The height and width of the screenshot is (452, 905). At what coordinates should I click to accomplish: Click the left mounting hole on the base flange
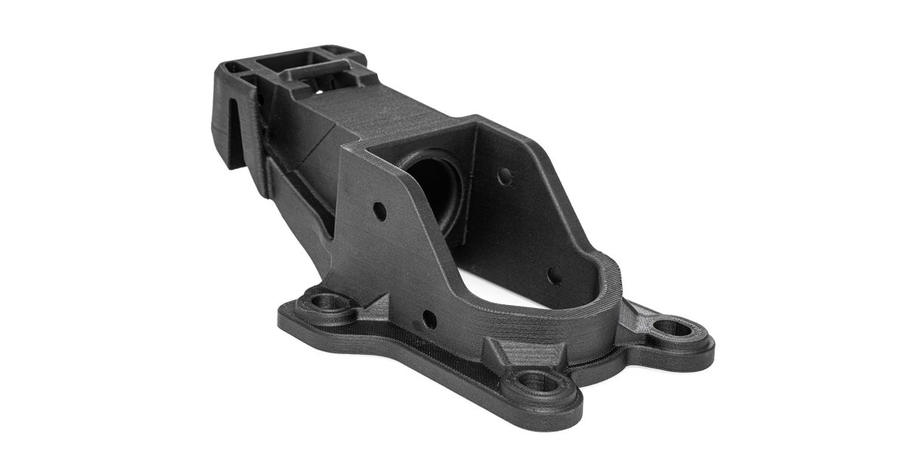coord(326,304)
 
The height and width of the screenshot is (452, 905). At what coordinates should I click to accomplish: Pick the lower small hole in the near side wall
coord(429,319)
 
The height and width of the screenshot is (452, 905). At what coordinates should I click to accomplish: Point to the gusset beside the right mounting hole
coord(637,316)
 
